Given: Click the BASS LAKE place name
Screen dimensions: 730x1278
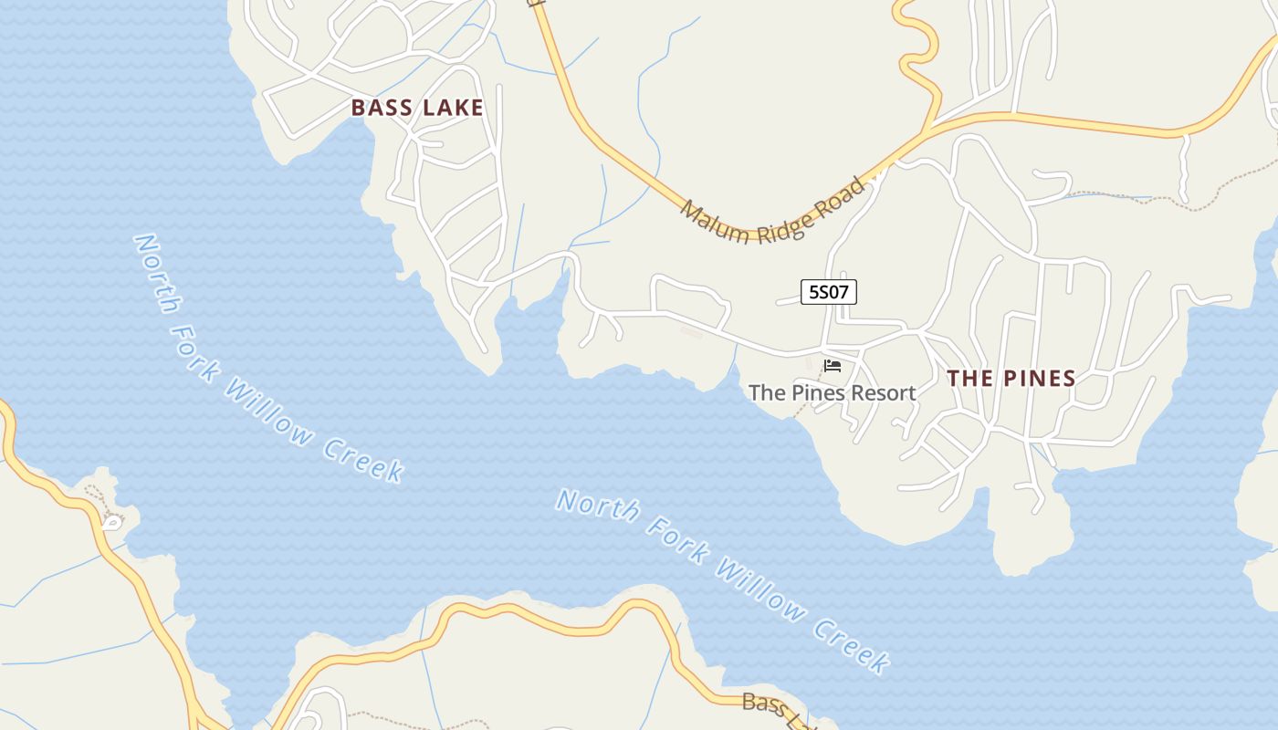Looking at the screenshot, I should pos(417,108).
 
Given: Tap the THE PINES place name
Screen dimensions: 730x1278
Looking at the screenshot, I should pos(1011,378).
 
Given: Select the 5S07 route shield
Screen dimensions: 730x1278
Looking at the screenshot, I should pos(829,292).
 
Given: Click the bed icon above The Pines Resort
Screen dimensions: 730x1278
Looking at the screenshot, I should pos(833,366).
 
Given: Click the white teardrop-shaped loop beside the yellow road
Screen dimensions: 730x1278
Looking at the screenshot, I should pos(111,522).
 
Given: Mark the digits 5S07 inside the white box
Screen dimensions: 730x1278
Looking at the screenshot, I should pos(829,292).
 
